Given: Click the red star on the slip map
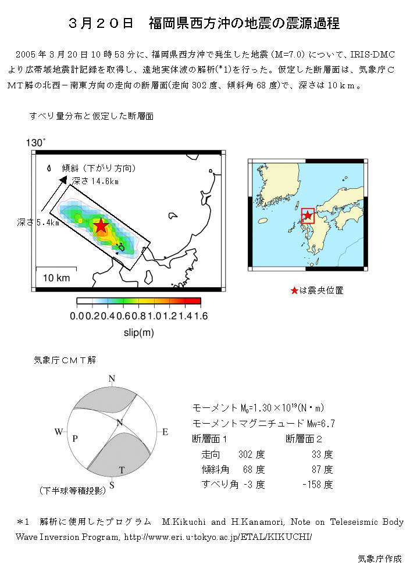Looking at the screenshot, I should coord(101,226).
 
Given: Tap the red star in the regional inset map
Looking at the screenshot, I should coord(308,216).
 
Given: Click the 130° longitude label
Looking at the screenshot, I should coord(35,142).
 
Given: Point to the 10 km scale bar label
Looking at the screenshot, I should coord(56,278).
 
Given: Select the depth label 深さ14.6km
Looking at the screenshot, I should coord(95,181).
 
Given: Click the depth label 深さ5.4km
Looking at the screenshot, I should coord(38,223).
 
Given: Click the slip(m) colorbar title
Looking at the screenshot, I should coord(138,332).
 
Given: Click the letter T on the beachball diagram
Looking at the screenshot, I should coord(122,470).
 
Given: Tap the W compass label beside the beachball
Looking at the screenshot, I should coord(58,432).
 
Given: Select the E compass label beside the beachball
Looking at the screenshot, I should coord(165,432).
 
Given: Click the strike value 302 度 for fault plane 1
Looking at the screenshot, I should coord(251,454).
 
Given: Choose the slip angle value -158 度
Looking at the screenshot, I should coord(318,484).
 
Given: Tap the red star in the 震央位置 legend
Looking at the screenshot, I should coord(294,291).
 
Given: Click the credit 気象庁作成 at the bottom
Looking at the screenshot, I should coord(379,559).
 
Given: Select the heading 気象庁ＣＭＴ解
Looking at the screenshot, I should coord(65,360).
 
